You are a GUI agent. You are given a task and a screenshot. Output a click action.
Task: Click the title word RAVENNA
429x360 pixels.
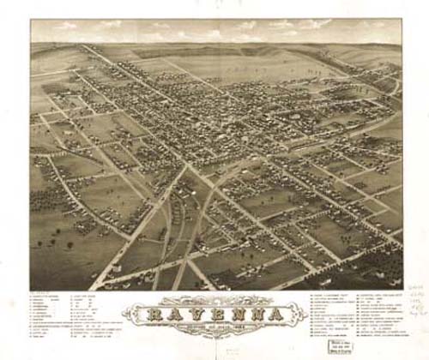pos(214,314)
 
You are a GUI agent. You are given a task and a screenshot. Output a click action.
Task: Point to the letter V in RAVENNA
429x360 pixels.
pos(196,314)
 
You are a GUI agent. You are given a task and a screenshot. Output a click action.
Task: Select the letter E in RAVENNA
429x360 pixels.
pos(214,314)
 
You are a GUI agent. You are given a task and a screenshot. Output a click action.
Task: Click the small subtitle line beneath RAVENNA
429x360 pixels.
pos(214,327)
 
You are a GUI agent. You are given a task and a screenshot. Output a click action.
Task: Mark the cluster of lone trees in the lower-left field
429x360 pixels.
pos(60,244)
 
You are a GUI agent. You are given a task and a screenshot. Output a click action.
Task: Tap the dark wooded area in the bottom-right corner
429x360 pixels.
pos(378,274)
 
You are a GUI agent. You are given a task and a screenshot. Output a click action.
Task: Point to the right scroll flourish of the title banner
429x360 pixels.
pos(296,314)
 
